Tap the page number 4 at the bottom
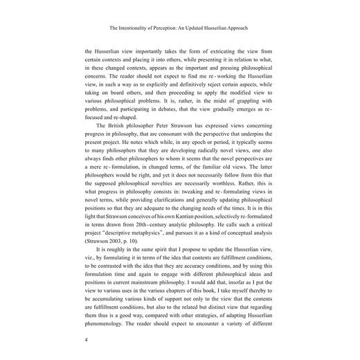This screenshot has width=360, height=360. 86,340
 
